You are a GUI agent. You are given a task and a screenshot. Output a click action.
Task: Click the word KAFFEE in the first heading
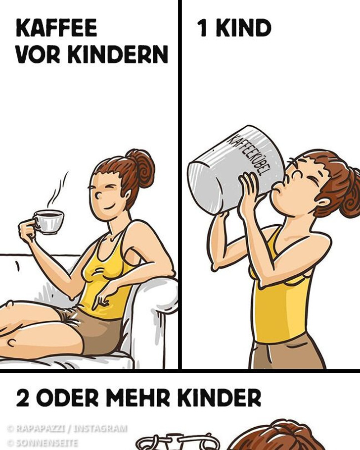56,28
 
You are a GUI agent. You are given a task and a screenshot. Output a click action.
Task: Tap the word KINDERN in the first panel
118,54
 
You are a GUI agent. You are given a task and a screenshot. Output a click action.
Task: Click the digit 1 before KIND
202,28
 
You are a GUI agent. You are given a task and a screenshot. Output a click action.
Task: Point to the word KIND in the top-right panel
243,28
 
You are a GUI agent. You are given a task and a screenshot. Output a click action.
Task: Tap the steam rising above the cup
58,191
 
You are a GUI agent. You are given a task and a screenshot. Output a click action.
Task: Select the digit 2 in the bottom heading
22,398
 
